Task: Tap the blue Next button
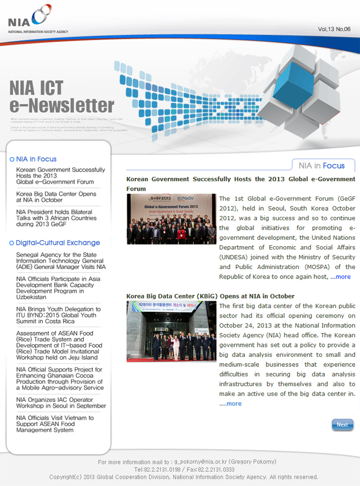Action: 342,425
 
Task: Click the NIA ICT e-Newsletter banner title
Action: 61,96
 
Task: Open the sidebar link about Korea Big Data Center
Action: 56,197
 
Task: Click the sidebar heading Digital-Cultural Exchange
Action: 58,242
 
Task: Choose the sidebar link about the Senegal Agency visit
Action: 60,260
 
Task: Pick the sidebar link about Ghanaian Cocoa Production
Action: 59,379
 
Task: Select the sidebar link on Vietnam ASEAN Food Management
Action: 55,424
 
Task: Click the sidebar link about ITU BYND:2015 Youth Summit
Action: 58,315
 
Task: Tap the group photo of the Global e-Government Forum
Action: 172,219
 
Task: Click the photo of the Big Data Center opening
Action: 172,331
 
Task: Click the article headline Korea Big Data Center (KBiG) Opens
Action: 210,296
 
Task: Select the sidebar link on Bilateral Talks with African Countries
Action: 56,218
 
